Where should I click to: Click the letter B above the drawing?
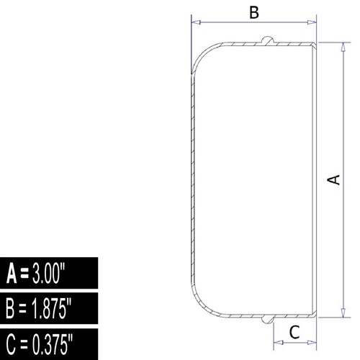click(x=254, y=13)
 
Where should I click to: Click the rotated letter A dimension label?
click(x=334, y=180)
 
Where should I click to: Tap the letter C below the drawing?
click(x=294, y=332)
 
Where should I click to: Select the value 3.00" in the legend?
click(x=49, y=273)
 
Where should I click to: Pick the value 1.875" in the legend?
click(x=52, y=308)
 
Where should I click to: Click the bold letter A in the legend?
click(x=12, y=274)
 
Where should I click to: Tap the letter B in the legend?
click(x=10, y=309)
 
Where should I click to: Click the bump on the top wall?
click(x=267, y=40)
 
